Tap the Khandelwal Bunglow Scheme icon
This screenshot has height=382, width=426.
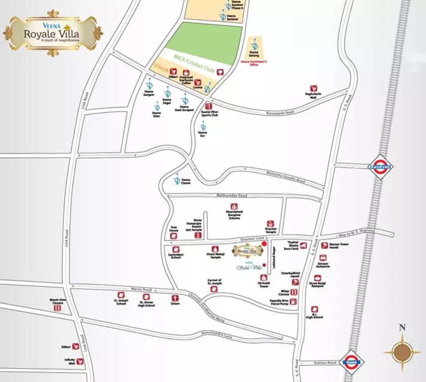(233, 206)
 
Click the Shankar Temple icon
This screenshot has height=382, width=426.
(270, 222)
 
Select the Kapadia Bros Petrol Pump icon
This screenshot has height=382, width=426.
(294, 302)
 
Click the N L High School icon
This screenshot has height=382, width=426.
(314, 309)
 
